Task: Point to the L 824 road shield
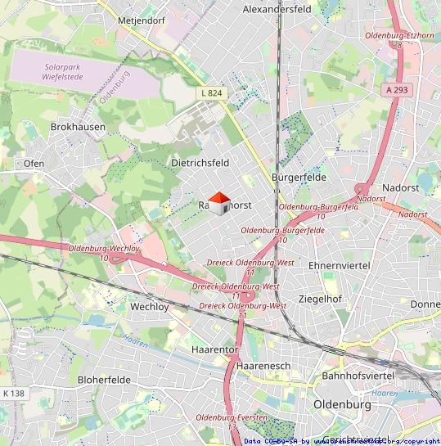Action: point(211,93)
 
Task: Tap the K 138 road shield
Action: point(14,394)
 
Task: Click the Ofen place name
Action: point(34,163)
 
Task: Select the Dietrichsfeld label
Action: point(200,163)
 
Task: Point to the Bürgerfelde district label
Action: point(299,177)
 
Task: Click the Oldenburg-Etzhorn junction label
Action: point(399,36)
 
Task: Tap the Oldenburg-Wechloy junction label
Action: point(104,248)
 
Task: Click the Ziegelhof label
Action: point(320,299)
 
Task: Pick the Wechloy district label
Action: point(149,307)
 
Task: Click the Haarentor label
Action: point(214,349)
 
